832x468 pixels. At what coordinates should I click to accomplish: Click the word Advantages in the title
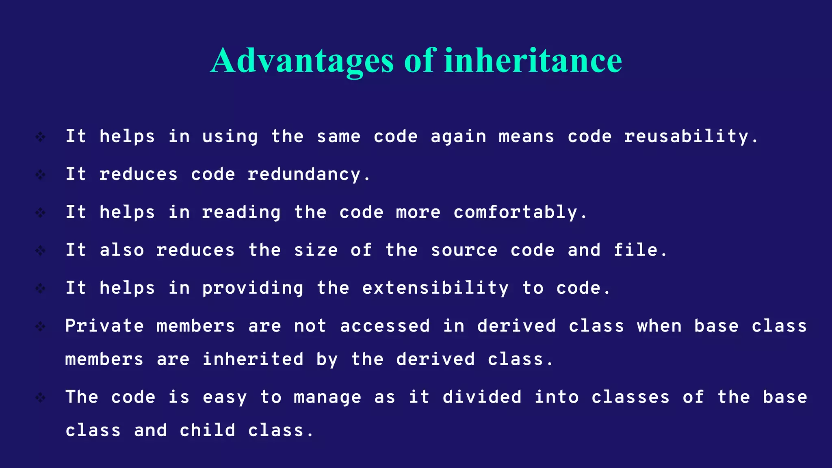(302, 61)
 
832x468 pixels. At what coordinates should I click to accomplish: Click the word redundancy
(304, 175)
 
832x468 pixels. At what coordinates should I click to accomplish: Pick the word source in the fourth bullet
(464, 250)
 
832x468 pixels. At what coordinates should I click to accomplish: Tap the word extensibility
(435, 288)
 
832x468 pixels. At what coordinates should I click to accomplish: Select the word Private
(104, 326)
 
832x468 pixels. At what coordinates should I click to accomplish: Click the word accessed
(385, 326)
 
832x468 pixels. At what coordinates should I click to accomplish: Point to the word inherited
(253, 360)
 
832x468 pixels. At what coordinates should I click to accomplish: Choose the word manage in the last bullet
(327, 397)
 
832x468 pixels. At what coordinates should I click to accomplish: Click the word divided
(482, 397)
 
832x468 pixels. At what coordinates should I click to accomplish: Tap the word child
(207, 431)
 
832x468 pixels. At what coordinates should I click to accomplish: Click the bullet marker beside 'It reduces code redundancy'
(40, 175)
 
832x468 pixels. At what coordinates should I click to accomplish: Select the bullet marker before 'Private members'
(40, 326)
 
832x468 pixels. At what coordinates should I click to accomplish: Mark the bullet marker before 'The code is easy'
(40, 397)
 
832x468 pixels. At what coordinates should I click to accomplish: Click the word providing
(253, 288)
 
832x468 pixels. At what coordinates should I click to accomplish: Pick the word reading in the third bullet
(241, 212)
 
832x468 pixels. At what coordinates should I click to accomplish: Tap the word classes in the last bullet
(630, 397)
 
